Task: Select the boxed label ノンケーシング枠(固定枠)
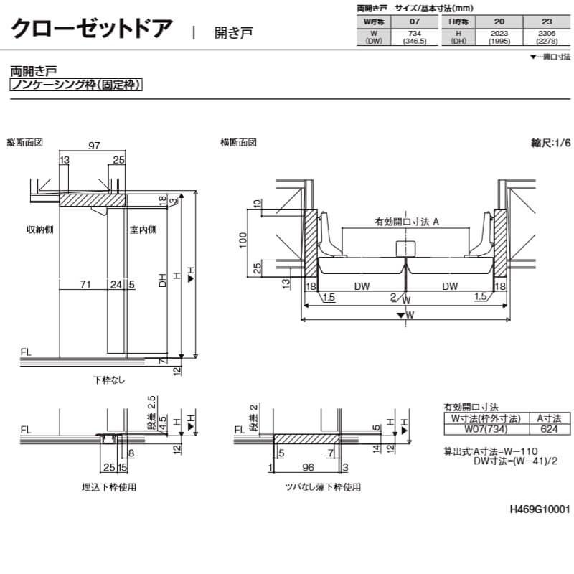coord(75,85)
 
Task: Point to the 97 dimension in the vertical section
coord(94,146)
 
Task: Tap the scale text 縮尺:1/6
coord(550,143)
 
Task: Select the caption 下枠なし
coord(109,380)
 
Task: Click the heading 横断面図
coord(238,143)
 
